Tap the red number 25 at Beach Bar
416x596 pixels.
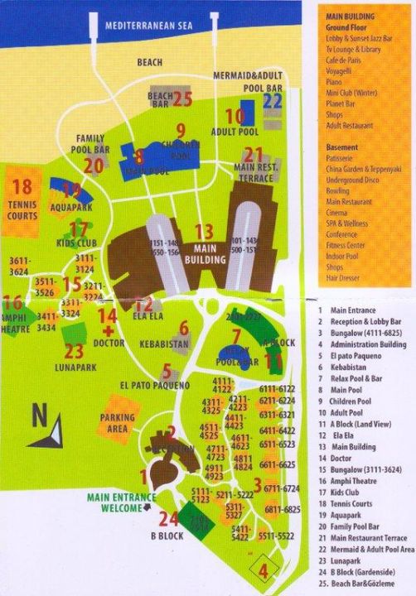182,99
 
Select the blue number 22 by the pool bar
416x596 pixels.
273,100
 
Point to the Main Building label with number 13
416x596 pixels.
210,248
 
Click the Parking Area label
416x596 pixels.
117,423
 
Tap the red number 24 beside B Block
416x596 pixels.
169,519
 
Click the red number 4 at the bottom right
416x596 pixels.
264,570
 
